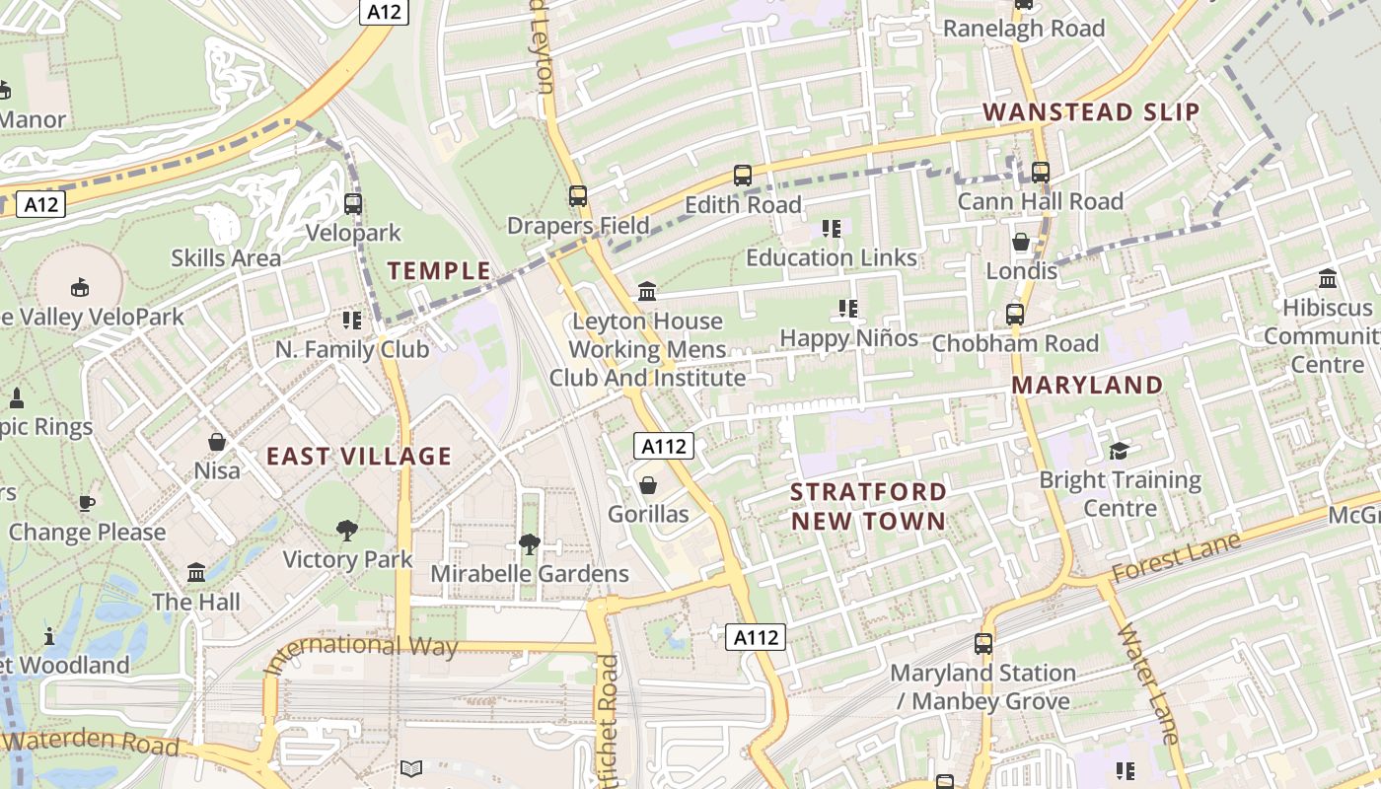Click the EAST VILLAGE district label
[359, 456]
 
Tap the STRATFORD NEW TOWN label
[868, 506]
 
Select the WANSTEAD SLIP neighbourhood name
[1092, 111]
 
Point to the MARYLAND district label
[1088, 385]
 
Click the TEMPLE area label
[439, 270]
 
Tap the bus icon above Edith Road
[743, 176]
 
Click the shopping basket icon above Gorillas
[648, 485]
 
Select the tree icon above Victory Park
[346, 531]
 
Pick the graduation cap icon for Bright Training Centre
[1119, 451]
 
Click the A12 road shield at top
[384, 12]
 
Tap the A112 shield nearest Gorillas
[664, 446]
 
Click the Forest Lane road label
[1176, 557]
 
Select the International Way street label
[363, 646]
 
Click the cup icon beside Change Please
[87, 503]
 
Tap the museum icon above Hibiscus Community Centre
[1327, 278]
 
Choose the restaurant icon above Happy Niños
[847, 309]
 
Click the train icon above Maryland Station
[982, 643]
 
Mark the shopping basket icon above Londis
[1021, 242]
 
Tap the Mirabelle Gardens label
[530, 573]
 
